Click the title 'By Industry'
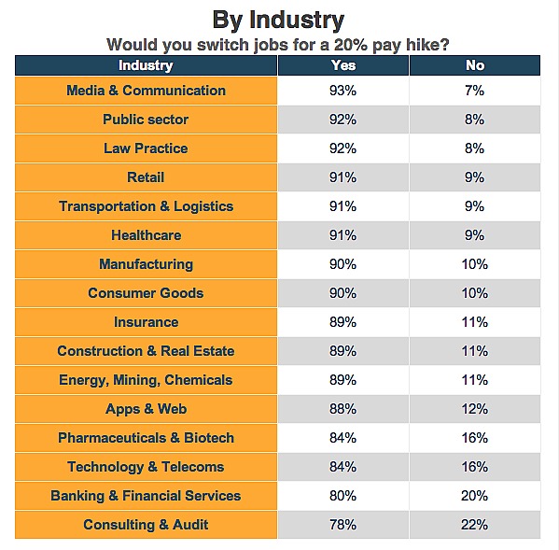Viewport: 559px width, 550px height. tap(278, 21)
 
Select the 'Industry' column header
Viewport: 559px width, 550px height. tap(146, 65)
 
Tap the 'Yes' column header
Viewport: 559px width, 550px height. tap(343, 65)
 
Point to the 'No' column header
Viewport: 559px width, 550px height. tap(475, 65)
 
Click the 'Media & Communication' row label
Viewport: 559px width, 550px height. tap(147, 91)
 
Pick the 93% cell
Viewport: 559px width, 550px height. tap(342, 91)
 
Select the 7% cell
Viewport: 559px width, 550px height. tap(474, 91)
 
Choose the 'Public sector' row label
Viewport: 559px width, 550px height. tap(146, 120)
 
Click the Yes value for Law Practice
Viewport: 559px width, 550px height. tap(342, 148)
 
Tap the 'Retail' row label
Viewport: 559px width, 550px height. tap(146, 177)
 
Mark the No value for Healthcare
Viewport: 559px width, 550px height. tap(474, 235)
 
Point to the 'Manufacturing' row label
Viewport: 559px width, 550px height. tap(147, 264)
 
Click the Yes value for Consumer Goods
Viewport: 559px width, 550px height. tap(342, 293)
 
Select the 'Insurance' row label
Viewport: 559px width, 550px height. tap(147, 322)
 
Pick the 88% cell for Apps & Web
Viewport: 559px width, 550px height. tap(342, 409)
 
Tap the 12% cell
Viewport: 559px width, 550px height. tap(474, 409)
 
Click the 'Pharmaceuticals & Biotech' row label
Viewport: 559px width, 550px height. tap(147, 438)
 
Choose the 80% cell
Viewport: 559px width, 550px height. tap(342, 496)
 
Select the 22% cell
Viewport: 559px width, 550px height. tap(474, 525)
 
